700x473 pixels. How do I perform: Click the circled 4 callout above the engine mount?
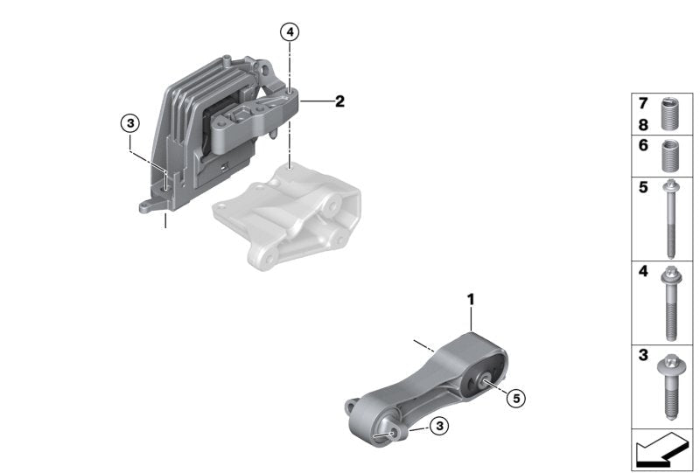[290, 32]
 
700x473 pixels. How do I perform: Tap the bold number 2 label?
[339, 101]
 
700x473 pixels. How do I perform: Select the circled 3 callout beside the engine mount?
[129, 122]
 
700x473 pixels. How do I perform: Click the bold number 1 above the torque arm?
[471, 299]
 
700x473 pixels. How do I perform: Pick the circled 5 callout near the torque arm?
[516, 398]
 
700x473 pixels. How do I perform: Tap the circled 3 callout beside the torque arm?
[440, 426]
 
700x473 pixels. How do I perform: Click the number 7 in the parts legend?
[643, 103]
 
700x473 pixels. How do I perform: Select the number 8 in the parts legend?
[643, 125]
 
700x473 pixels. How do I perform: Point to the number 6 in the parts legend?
[643, 145]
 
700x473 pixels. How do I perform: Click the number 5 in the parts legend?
[643, 187]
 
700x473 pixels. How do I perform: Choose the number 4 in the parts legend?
[643, 271]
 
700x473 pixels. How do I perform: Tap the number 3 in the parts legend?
[643, 355]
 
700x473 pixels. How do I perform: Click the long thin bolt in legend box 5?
[670, 219]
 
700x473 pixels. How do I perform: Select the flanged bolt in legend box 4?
[669, 303]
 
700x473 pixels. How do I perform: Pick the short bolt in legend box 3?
[670, 386]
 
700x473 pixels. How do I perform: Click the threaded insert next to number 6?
[669, 156]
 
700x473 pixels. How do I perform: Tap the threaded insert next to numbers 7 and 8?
[669, 114]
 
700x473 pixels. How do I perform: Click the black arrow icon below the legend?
[661, 449]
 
